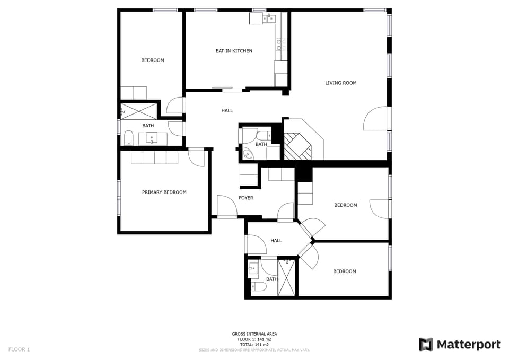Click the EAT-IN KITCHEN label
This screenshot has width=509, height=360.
click(234, 51)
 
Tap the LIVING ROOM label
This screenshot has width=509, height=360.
click(340, 83)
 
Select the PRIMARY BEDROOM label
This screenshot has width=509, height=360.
click(164, 192)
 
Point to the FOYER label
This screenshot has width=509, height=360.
click(245, 198)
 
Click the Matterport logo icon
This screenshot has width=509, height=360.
click(426, 345)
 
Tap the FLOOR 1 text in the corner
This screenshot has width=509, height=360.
click(19, 349)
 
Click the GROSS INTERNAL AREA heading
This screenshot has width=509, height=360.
click(254, 333)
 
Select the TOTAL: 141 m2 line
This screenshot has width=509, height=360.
click(254, 345)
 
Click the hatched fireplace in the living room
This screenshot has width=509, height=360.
click(297, 146)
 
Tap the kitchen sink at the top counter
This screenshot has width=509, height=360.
click(269, 18)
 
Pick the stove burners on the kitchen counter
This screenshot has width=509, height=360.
click(281, 45)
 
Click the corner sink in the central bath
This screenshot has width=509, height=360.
click(248, 154)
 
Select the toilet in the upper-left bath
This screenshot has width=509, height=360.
click(128, 138)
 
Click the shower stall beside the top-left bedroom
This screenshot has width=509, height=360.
click(138, 111)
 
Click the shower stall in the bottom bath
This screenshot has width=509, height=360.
click(287, 277)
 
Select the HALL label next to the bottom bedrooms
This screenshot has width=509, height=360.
click(276, 241)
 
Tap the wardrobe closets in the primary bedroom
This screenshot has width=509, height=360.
click(154, 157)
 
